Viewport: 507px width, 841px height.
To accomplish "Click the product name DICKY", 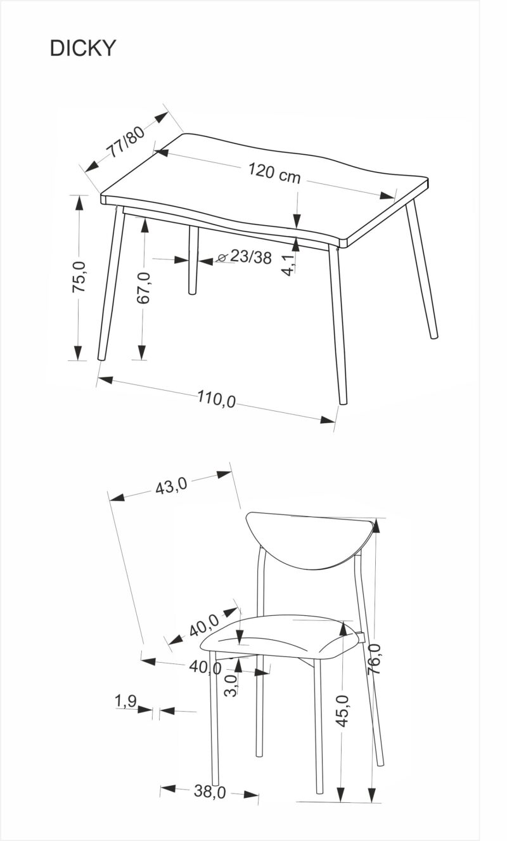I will [82, 49].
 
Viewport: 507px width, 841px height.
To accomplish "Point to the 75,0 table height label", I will [79, 277].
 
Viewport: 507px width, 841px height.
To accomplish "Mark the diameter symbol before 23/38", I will [222, 258].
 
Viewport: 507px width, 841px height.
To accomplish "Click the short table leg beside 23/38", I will [193, 260].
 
